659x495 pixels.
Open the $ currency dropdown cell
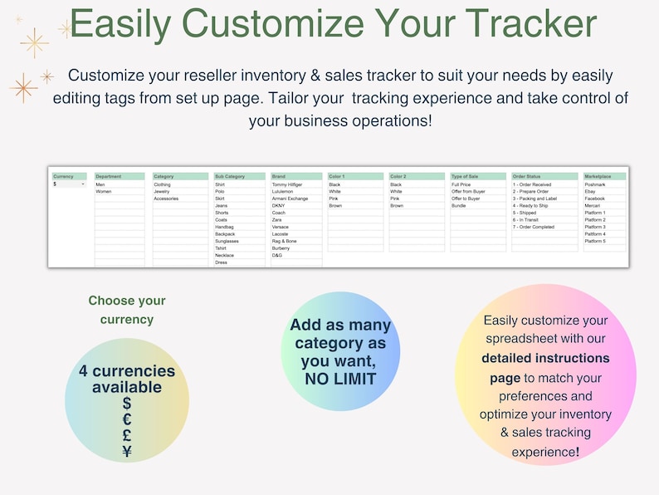pyautogui.click(x=69, y=184)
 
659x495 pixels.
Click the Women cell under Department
pyautogui.click(x=105, y=192)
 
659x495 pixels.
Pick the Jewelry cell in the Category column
pyautogui.click(x=162, y=192)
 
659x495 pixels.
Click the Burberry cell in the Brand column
pyautogui.click(x=282, y=248)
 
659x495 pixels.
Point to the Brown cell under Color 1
pyautogui.click(x=335, y=205)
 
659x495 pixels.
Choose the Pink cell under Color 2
pyautogui.click(x=396, y=198)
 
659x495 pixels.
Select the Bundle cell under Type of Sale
pyautogui.click(x=459, y=205)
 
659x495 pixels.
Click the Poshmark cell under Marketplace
pyautogui.click(x=595, y=184)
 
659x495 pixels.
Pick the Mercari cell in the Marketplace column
pyautogui.click(x=593, y=205)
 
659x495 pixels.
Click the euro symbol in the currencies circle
pyautogui.click(x=127, y=419)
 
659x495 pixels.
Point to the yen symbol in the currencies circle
pyautogui.click(x=127, y=452)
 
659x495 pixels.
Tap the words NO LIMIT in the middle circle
pyautogui.click(x=339, y=379)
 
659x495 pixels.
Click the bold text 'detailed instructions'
pyautogui.click(x=546, y=358)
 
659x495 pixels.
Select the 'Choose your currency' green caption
pyautogui.click(x=127, y=310)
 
